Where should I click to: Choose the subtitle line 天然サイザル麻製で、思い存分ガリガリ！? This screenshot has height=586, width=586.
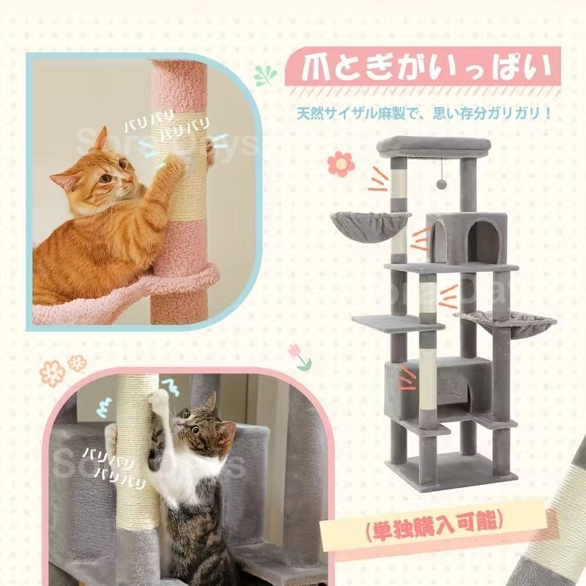tap(423, 114)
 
